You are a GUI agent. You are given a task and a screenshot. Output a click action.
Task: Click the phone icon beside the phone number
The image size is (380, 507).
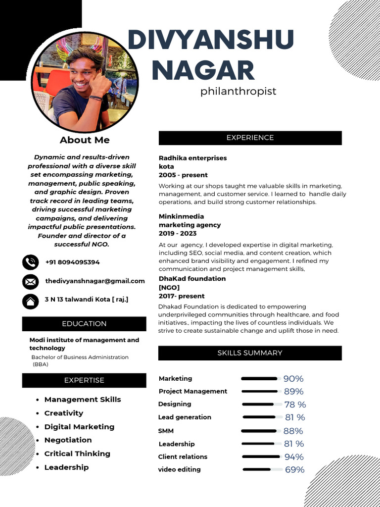tap(30, 262)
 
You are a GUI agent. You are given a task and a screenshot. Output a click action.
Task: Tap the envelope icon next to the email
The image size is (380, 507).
tap(30, 282)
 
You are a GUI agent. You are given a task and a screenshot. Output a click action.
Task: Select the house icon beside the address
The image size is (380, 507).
tap(30, 301)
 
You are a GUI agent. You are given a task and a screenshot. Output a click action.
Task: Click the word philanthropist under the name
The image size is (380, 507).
tap(238, 92)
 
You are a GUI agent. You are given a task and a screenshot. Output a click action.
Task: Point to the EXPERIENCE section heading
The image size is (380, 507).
tap(250, 138)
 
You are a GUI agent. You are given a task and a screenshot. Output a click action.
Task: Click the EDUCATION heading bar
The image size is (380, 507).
tap(84, 324)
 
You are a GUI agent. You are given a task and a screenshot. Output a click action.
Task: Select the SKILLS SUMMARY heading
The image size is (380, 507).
tap(250, 353)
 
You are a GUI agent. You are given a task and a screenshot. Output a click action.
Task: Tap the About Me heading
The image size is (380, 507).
tap(85, 140)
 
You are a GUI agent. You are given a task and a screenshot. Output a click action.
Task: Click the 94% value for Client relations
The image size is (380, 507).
tap(294, 457)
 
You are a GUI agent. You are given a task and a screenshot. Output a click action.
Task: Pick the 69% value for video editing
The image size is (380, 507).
tap(294, 470)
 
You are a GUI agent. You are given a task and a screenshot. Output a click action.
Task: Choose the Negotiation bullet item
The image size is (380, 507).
tap(68, 440)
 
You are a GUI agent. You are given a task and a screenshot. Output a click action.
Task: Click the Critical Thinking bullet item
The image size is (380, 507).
tap(77, 454)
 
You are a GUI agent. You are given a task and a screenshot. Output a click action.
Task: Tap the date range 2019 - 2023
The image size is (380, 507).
tap(178, 233)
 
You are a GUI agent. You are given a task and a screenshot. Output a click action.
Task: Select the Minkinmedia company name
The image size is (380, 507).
tap(181, 216)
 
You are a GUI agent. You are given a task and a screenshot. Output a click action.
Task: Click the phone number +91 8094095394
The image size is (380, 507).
tap(72, 262)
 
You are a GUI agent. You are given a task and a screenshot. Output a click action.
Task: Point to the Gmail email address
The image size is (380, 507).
tap(95, 281)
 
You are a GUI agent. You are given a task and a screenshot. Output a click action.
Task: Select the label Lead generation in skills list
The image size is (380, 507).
tap(185, 417)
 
